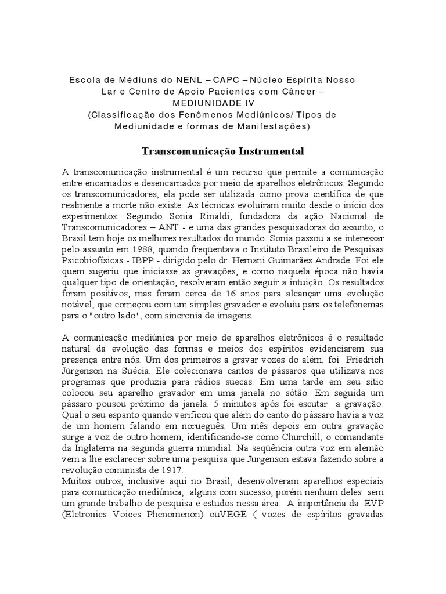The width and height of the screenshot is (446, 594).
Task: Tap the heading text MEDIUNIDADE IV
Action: point(223,103)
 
